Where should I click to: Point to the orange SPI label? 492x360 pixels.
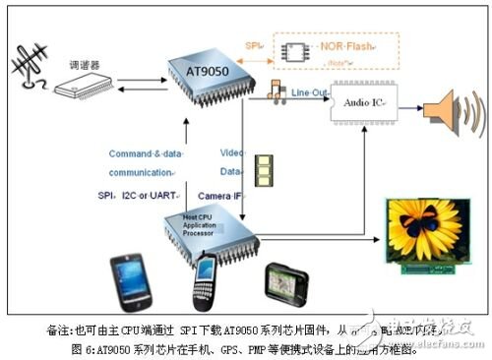tap(251, 46)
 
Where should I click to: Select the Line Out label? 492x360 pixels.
tap(312, 90)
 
